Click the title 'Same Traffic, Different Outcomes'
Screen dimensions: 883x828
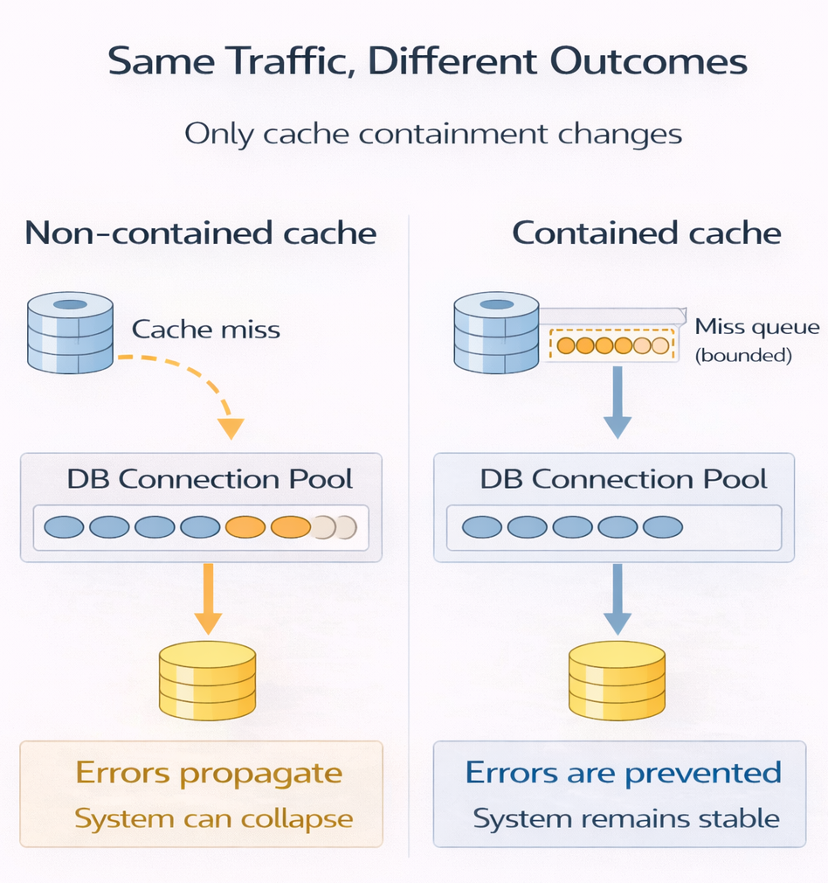(x=427, y=62)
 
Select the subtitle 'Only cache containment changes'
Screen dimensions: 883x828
(x=433, y=134)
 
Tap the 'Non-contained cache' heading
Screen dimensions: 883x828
(x=201, y=233)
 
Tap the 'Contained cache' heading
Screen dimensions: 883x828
(x=646, y=233)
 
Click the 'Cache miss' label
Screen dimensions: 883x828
(x=206, y=330)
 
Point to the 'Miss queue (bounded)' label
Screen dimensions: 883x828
(x=756, y=341)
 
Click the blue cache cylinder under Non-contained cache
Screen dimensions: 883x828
(x=70, y=333)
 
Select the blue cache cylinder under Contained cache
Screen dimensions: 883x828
(x=496, y=333)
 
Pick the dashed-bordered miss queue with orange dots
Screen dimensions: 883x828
(x=612, y=345)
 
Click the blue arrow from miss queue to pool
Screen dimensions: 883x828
(x=617, y=402)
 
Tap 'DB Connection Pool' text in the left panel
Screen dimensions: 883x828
(x=210, y=479)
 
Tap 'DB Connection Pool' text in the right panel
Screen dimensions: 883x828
(x=624, y=479)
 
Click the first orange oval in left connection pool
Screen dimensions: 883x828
(x=245, y=527)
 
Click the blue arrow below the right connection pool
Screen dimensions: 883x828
(x=617, y=599)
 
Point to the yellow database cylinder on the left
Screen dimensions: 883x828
(x=207, y=680)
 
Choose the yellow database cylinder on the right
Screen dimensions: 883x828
(x=617, y=680)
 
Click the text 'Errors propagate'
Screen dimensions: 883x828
(x=209, y=773)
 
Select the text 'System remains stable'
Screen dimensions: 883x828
(x=625, y=819)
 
